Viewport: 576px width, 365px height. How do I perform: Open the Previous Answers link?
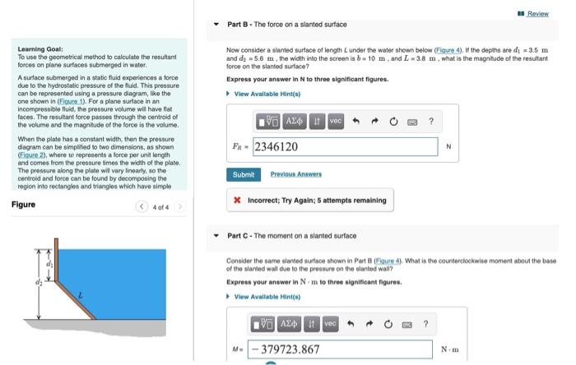[295, 174]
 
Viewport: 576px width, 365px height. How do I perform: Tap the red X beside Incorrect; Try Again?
[237, 200]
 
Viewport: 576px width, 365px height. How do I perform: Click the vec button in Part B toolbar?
[335, 121]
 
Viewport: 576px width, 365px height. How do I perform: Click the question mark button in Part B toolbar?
[431, 122]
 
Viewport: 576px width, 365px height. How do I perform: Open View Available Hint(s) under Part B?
[266, 95]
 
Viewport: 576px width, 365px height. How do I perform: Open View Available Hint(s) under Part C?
[266, 296]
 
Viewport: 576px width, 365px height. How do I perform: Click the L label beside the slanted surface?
[80, 294]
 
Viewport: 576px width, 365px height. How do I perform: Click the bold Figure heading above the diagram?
[24, 205]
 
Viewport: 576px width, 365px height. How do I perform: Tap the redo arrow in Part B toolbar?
[374, 122]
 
